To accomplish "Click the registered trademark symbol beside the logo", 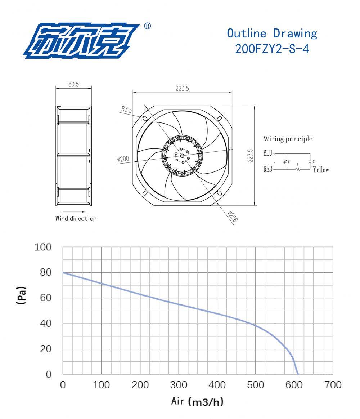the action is click(147, 26).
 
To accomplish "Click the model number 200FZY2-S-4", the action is click(272, 49).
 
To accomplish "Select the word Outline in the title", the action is click(247, 33).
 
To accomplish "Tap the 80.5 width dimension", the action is click(73, 84).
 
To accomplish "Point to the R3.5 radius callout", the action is click(127, 109).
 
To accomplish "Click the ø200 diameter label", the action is click(123, 159).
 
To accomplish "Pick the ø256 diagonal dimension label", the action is click(232, 217).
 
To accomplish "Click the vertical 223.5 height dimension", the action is click(250, 156).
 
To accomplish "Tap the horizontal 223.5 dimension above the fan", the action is click(182, 88).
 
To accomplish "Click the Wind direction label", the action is click(76, 219).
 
